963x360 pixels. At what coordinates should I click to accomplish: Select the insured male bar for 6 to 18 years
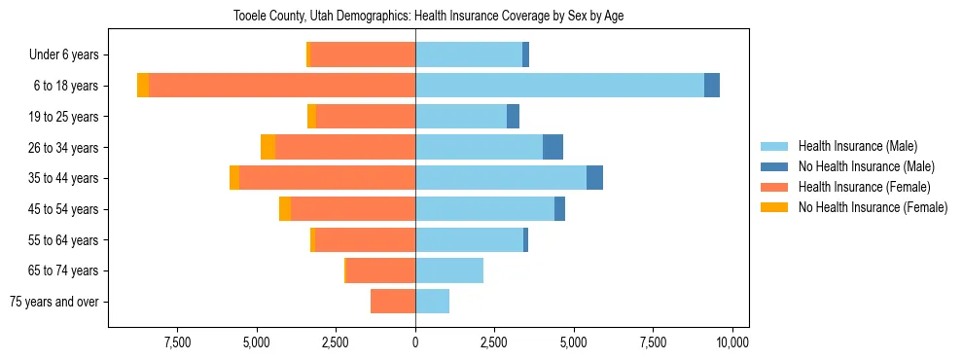click(x=559, y=86)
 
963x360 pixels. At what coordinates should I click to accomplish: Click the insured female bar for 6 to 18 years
click(x=282, y=86)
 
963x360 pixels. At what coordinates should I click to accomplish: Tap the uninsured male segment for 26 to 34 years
click(x=553, y=147)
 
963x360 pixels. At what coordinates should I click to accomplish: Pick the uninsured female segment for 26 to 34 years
click(x=267, y=147)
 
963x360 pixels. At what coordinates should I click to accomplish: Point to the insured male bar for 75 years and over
click(x=432, y=302)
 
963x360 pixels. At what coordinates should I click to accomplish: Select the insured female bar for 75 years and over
click(x=393, y=302)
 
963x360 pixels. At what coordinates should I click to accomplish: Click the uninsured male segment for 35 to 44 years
click(x=594, y=178)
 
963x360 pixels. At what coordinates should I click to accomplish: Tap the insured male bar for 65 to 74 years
click(x=449, y=270)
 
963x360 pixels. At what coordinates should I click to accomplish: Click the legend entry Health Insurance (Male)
click(x=857, y=146)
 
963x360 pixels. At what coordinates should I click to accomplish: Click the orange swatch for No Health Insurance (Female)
click(x=775, y=207)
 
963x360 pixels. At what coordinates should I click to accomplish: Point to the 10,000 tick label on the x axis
click(x=731, y=342)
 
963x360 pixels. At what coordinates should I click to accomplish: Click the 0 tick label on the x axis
click(x=415, y=342)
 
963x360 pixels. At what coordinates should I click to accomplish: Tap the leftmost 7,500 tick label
click(x=177, y=342)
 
